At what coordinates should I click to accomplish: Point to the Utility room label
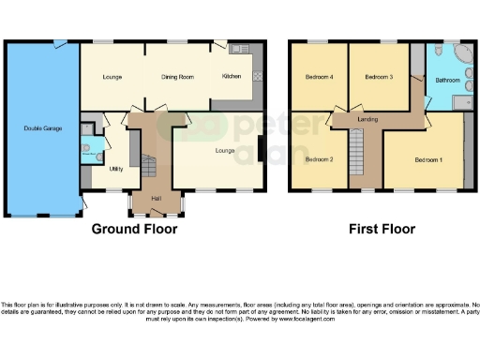[116, 169]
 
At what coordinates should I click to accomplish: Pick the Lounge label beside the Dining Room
[112, 76]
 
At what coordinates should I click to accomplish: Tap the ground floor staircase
[149, 168]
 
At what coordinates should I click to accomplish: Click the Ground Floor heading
[134, 228]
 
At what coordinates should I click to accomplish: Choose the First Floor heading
[381, 228]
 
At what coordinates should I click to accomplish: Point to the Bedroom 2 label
[320, 159]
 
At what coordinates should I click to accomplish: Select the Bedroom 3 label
[378, 76]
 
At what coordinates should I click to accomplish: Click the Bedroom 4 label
[319, 76]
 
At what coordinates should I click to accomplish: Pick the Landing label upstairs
[367, 119]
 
